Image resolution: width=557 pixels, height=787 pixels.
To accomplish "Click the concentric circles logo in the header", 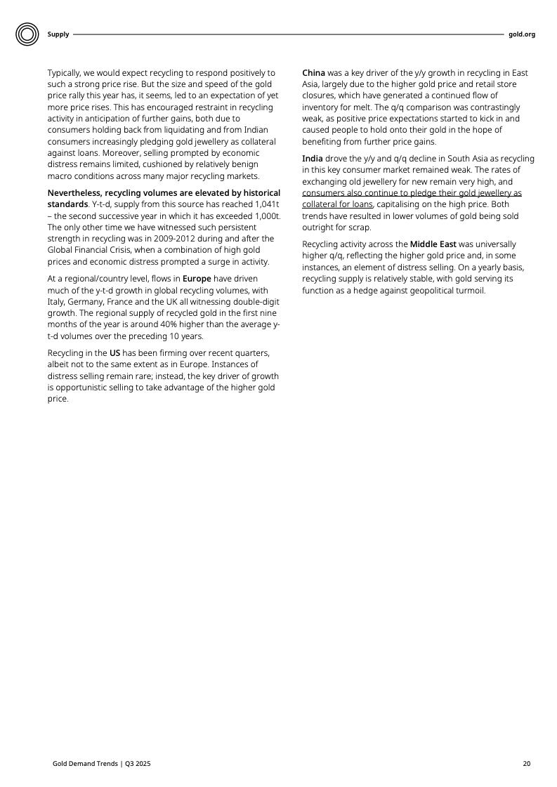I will tap(27, 34).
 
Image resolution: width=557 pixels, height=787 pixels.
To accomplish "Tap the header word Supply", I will tap(58, 34).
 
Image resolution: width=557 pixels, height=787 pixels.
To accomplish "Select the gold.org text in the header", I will tap(522, 34).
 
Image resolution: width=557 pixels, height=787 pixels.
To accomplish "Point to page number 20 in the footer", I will tap(527, 763).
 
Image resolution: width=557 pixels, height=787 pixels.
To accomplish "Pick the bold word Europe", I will tap(197, 278).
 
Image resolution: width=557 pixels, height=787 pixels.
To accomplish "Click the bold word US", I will tap(115, 352).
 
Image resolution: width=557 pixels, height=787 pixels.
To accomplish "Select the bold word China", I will tap(313, 73).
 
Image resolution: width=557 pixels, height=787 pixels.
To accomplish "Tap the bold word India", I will tap(313, 158).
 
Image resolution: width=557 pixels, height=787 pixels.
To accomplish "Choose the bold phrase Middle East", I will tap(433, 244).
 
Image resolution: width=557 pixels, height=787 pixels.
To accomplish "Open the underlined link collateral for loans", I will tap(337, 204).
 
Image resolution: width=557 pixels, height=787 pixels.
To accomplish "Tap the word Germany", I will tap(89, 301).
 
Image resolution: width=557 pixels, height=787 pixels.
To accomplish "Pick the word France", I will tap(129, 301).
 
